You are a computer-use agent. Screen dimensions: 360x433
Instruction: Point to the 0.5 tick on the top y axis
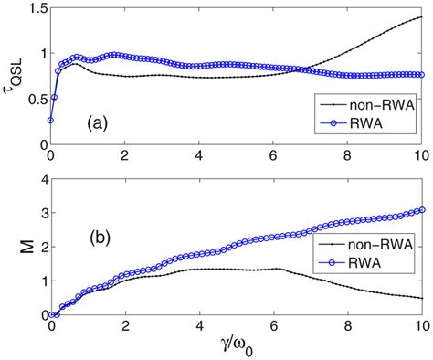(34, 100)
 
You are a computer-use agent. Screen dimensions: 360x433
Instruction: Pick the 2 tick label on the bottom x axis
(125, 326)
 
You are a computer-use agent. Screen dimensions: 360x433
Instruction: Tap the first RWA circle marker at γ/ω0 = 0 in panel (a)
(50, 120)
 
